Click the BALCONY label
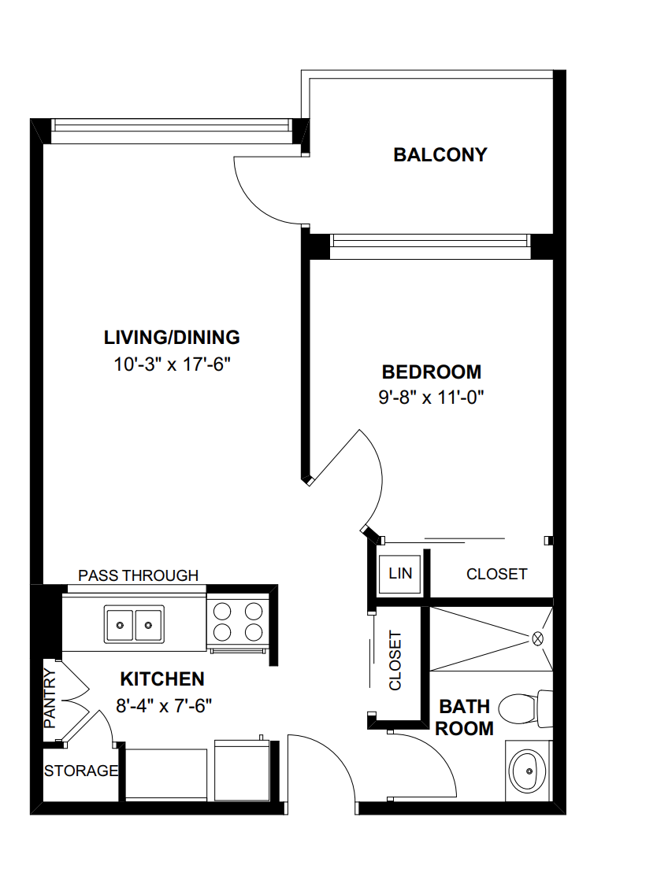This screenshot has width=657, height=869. click(x=440, y=155)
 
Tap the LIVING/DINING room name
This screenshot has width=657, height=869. click(x=172, y=338)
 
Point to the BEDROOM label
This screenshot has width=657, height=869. click(x=431, y=372)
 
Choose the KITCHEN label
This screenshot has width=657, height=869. click(x=162, y=679)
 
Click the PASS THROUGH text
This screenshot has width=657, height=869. click(x=138, y=575)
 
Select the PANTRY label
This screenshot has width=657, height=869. click(x=49, y=697)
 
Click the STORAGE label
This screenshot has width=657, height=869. click(x=81, y=771)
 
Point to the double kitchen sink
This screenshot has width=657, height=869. click(x=134, y=624)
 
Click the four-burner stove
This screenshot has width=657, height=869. click(x=238, y=621)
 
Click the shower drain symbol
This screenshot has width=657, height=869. click(x=539, y=638)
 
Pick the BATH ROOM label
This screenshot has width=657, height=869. click(x=465, y=717)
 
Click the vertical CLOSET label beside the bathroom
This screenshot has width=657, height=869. click(x=395, y=660)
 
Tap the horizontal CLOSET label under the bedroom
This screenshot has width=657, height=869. click(x=496, y=574)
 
